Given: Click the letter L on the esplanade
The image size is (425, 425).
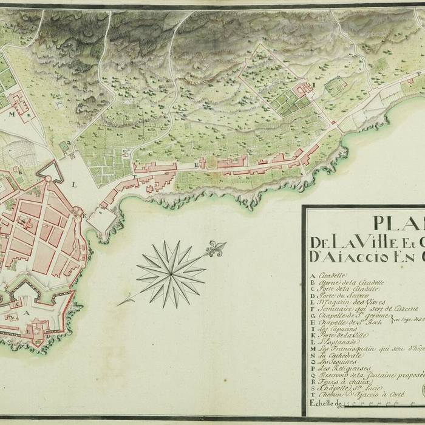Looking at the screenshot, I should point(73,182).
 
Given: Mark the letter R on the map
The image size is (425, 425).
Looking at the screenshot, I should point(21,172).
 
